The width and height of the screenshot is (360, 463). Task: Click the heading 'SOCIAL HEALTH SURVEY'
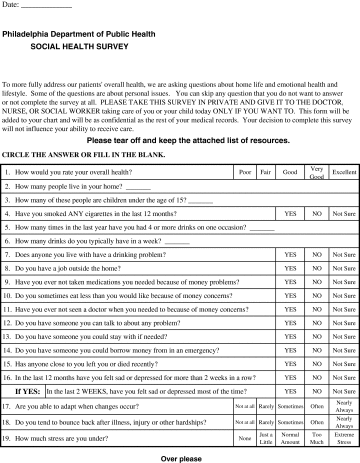67,46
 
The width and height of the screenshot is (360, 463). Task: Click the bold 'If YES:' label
27,393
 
